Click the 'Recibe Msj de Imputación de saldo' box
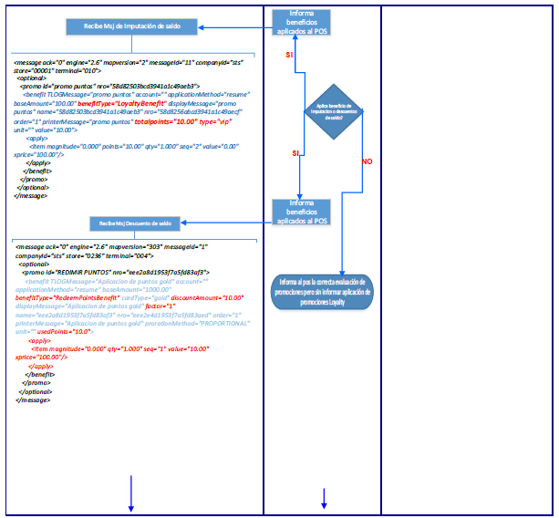click(132, 26)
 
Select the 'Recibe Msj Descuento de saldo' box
click(133, 223)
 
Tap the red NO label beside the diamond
click(367, 161)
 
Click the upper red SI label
click(290, 56)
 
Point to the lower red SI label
click(295, 152)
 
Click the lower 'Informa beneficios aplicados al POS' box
click(302, 212)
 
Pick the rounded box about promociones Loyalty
click(325, 293)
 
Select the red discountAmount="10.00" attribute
click(211, 298)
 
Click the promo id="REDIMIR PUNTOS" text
click(85, 272)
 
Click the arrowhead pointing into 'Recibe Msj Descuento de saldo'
click(184, 223)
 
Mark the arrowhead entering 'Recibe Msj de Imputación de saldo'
click(201, 26)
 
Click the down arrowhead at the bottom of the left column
click(131, 506)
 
